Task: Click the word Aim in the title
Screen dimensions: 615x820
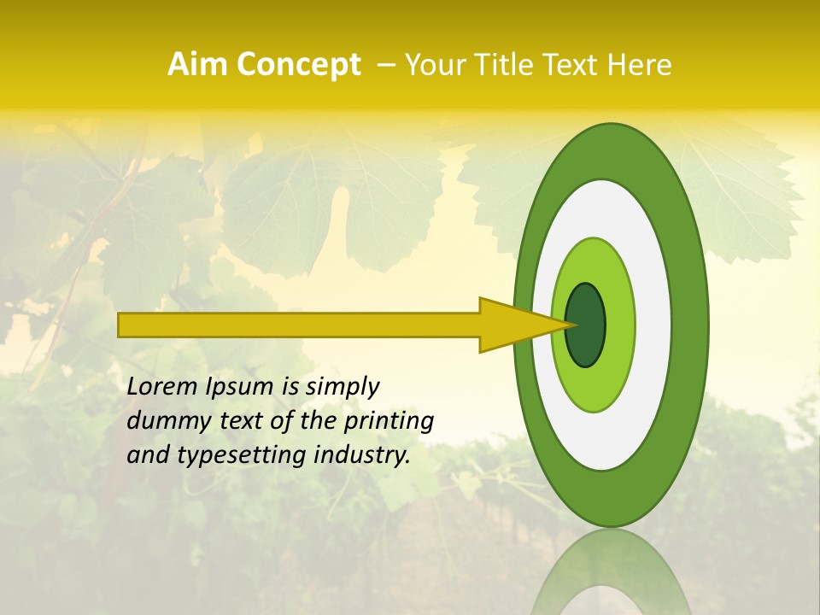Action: point(198,65)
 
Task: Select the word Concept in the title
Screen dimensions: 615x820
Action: point(298,65)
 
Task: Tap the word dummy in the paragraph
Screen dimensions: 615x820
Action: point(162,421)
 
